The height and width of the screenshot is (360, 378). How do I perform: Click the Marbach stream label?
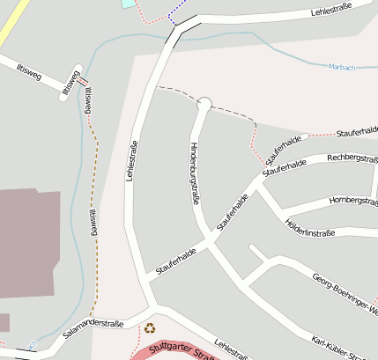coord(339,67)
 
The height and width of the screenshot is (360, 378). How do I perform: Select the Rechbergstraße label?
coord(352,158)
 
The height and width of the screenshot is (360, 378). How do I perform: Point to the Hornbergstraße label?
coord(353,202)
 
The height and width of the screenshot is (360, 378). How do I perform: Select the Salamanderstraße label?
coord(93,328)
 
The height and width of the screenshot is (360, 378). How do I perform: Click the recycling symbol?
coord(150,328)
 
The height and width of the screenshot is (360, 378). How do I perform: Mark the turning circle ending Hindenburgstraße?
coord(204,104)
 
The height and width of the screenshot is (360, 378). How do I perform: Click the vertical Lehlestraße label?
coord(134,163)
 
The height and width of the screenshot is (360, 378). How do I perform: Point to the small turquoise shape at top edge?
coord(130,4)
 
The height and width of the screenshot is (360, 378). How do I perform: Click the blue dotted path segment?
coord(174,14)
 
